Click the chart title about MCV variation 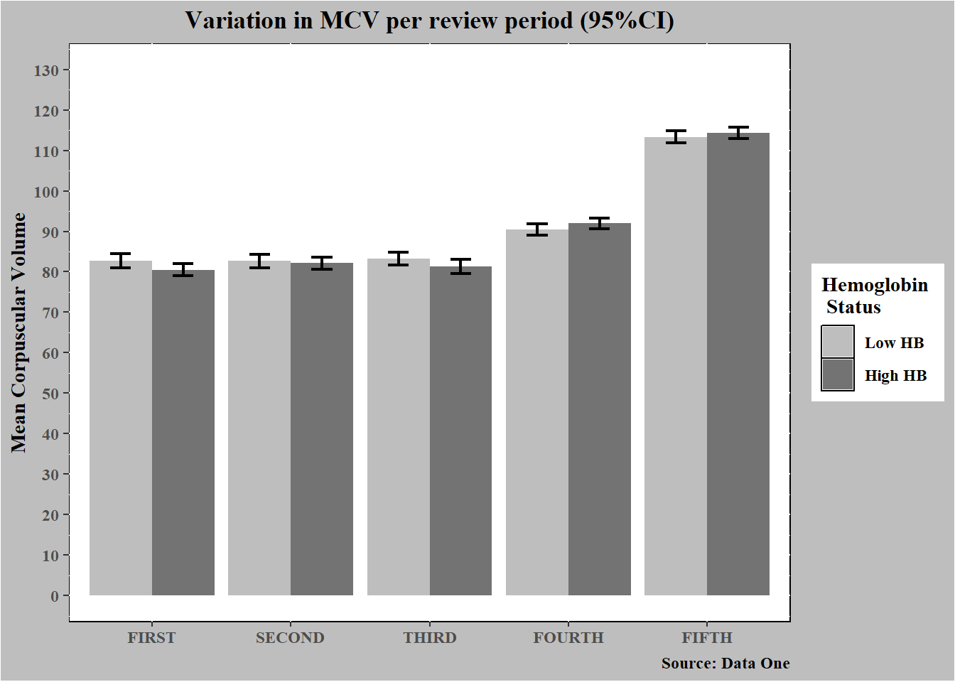(429, 21)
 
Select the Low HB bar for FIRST (121, 428)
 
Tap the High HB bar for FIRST (183, 433)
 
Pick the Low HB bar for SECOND (259, 428)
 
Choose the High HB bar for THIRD (460, 431)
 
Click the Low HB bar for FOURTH (537, 413)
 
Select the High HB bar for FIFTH (738, 364)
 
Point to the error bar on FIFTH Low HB (676, 137)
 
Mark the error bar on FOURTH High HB (600, 223)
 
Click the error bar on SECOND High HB (322, 263)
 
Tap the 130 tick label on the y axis (46, 71)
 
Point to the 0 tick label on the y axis (55, 596)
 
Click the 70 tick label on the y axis (50, 313)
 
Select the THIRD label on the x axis (430, 638)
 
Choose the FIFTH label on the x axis (707, 638)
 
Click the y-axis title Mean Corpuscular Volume (18, 332)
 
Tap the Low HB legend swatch (838, 342)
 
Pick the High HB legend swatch (838, 374)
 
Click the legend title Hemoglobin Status (875, 296)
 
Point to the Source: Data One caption (725, 664)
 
